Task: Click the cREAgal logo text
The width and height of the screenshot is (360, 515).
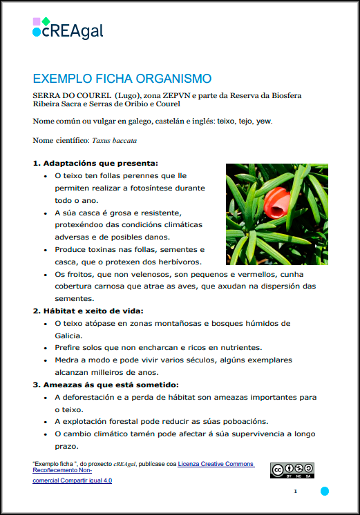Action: (68, 30)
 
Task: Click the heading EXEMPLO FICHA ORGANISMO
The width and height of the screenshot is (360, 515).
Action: (122, 79)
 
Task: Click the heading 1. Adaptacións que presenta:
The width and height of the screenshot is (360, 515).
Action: (95, 164)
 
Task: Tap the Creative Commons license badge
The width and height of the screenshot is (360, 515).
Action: (292, 470)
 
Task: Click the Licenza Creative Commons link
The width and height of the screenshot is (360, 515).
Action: (216, 464)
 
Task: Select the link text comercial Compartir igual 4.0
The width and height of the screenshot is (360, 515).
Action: (72, 480)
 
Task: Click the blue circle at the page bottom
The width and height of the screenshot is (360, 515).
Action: (324, 491)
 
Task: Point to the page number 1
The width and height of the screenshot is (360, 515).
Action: (295, 491)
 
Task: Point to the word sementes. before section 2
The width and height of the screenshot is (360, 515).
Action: (73, 299)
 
